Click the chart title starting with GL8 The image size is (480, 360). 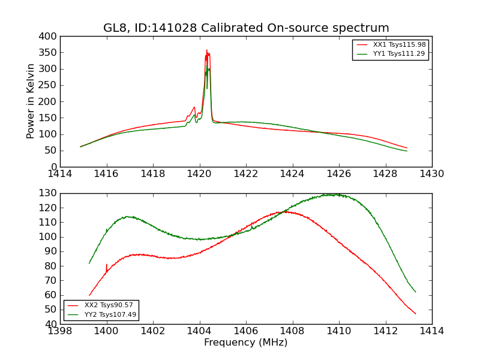246,28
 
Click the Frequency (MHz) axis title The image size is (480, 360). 246,343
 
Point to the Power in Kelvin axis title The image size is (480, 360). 31,101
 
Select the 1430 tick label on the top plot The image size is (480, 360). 431,174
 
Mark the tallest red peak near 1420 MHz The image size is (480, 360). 206,50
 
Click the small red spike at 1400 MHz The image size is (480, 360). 107,265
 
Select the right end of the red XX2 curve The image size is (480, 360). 415,313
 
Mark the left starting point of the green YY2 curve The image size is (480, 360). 89,263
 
